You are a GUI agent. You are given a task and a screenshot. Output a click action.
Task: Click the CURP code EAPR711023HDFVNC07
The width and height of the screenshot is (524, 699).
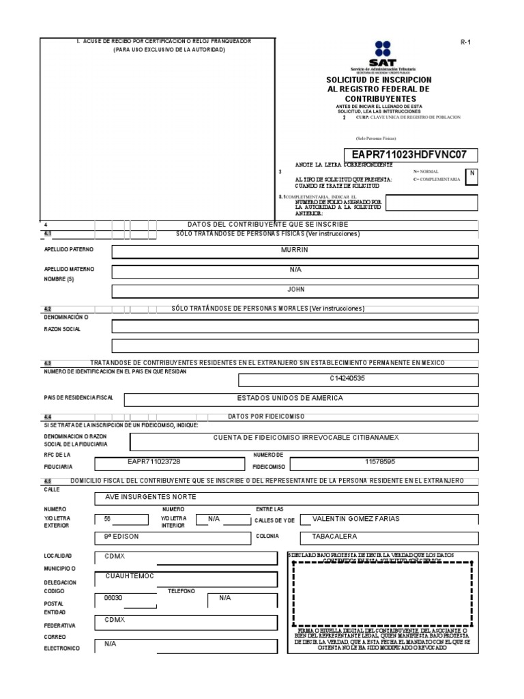pos(409,154)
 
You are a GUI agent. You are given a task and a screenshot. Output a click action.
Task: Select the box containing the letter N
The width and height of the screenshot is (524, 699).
pos(471,174)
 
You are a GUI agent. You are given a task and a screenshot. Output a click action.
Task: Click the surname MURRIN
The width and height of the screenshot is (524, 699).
pos(295,251)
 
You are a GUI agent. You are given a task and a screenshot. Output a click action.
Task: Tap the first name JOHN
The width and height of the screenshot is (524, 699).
pos(295,289)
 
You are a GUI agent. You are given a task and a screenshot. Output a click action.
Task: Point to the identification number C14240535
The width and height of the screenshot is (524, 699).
pos(348,377)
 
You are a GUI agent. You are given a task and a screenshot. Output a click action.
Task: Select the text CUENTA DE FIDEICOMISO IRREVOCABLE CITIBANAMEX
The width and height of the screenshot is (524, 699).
pos(297,437)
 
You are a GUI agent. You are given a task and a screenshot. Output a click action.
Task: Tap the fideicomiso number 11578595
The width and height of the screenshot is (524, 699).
pos(379,462)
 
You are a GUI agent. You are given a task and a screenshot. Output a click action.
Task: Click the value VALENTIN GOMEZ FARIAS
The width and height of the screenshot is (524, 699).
pos(355,519)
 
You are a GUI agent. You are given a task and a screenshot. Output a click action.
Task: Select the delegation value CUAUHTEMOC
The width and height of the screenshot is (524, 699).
pos(130,575)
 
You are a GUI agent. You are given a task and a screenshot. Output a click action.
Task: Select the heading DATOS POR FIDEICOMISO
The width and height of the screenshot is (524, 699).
pos(266,416)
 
